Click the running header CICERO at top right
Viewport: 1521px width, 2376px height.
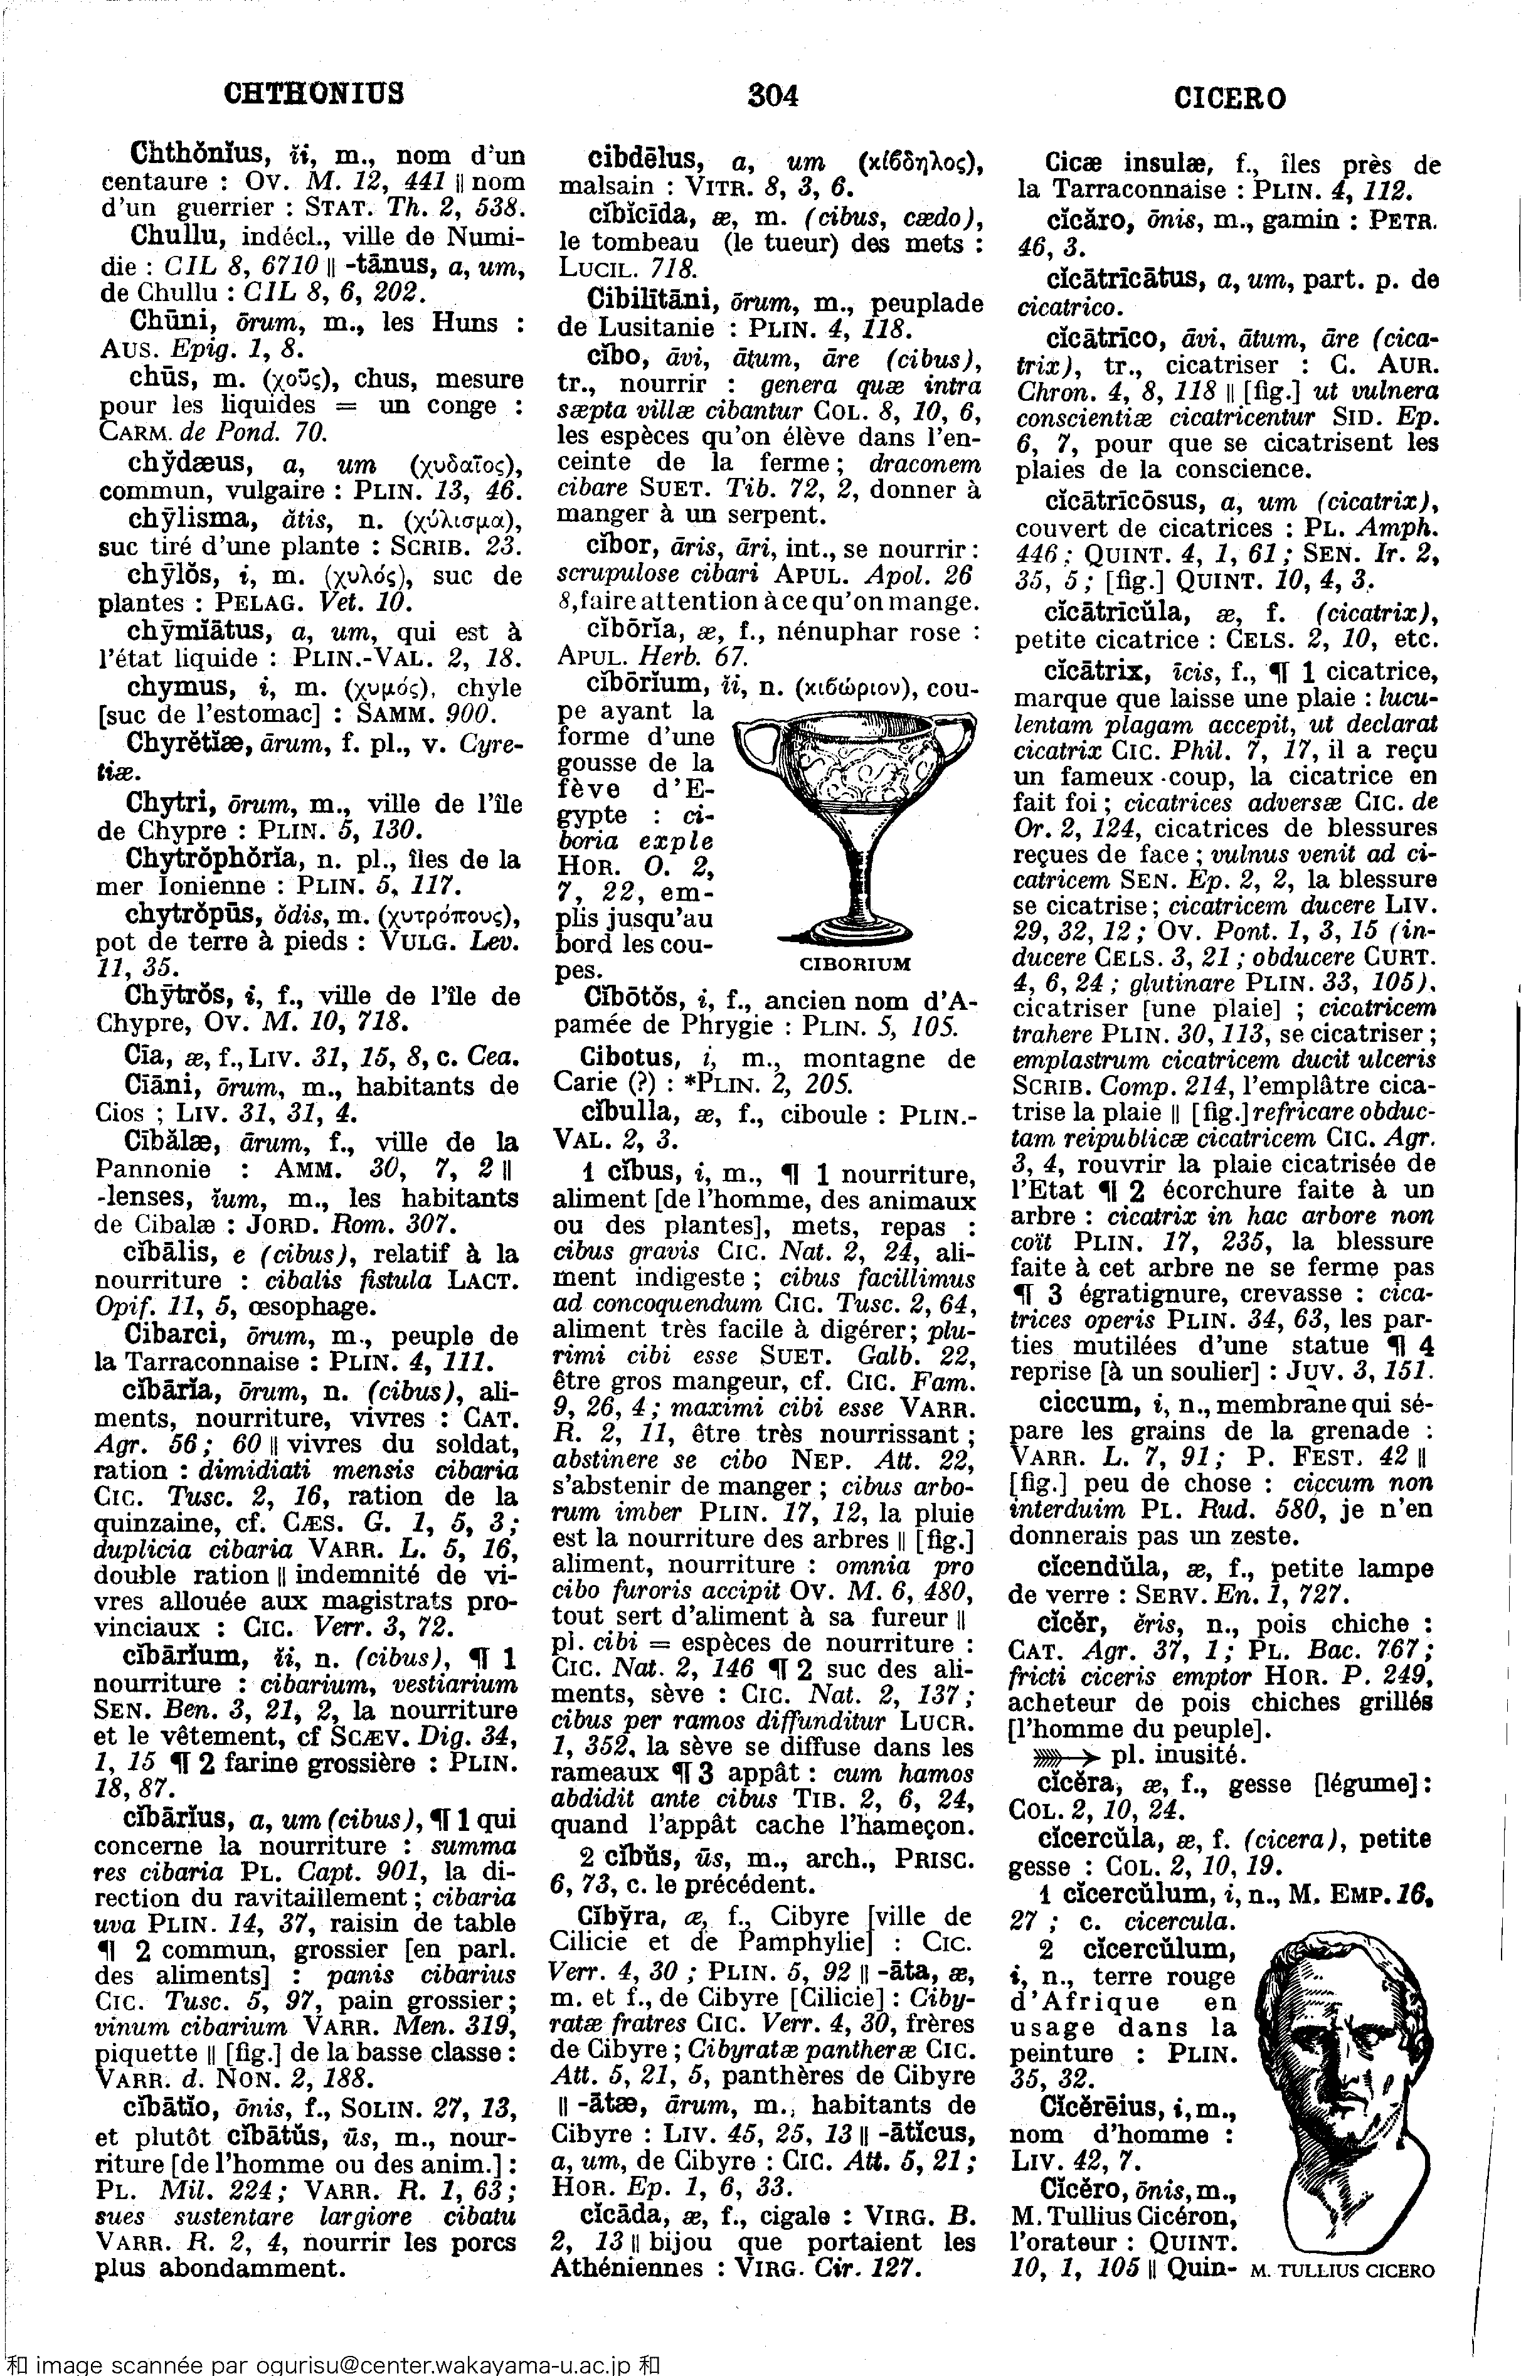1229,98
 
